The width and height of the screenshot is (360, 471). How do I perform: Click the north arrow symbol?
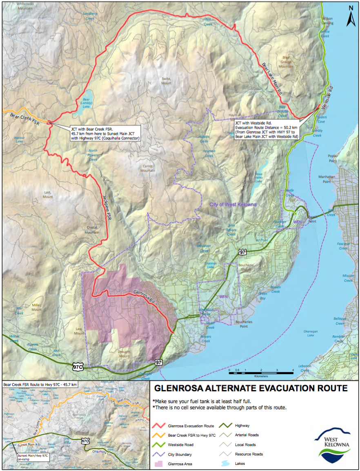[x=351, y=16]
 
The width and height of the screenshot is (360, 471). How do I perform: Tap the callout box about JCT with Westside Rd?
[x=267, y=130]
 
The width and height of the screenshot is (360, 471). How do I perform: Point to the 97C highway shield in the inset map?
[x=85, y=441]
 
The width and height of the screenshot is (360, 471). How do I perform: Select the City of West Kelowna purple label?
[x=232, y=204]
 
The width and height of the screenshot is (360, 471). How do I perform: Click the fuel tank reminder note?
[x=202, y=401]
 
